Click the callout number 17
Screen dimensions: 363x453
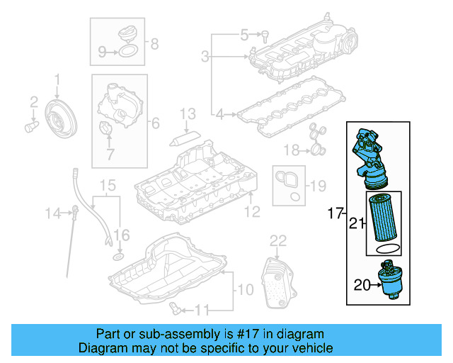point(335,212)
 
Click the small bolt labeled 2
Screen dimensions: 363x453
point(31,126)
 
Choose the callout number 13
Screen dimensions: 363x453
point(187,113)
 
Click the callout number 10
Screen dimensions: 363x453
point(243,289)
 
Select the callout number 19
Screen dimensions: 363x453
point(318,186)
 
